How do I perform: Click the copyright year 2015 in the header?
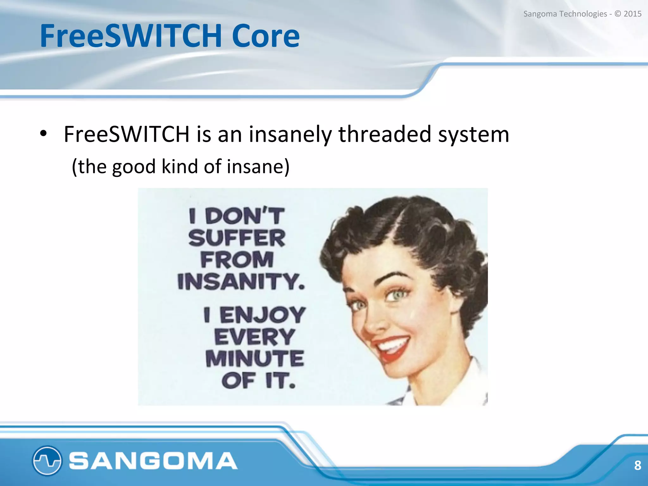(632, 14)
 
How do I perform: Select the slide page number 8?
(638, 465)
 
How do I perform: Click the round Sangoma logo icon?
(47, 460)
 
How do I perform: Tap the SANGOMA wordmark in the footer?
(153, 461)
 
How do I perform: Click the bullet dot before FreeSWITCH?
(43, 134)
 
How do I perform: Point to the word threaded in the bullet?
(384, 134)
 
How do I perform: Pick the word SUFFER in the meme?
(237, 238)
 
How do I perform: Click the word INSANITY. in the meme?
(241, 281)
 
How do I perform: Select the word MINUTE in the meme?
(255, 358)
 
